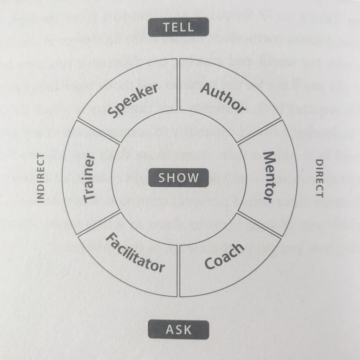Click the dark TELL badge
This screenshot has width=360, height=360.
click(178, 27)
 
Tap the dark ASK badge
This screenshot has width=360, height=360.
click(179, 330)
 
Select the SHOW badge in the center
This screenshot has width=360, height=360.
click(179, 178)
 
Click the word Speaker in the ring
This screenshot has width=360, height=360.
click(133, 101)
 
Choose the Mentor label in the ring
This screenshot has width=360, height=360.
click(269, 177)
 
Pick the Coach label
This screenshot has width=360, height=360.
click(224, 256)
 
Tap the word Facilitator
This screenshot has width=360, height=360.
click(135, 252)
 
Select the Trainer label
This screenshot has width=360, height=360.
click(89, 178)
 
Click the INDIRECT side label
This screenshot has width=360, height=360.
click(41, 178)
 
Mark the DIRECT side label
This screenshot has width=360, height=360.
click(319, 178)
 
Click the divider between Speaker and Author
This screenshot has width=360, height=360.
click(178, 84)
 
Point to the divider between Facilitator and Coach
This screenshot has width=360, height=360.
click(178, 271)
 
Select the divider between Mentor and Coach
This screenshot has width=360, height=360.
click(259, 224)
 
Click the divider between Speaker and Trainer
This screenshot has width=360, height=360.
click(98, 131)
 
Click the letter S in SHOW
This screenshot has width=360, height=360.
click(162, 178)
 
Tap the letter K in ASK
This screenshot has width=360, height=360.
click(187, 330)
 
